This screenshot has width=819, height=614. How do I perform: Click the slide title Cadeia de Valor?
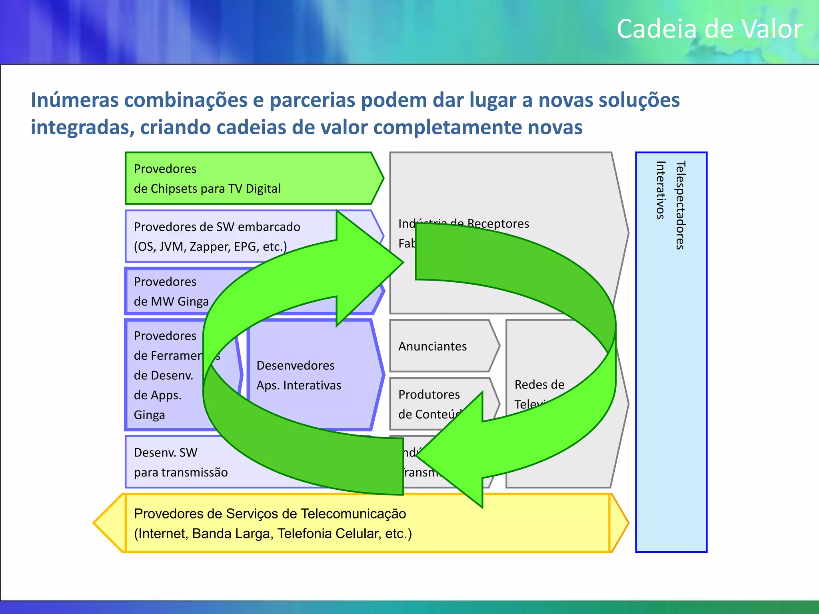[709, 29]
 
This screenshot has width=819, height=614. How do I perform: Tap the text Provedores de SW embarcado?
[217, 227]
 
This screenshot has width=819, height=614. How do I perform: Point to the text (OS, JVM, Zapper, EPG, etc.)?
[210, 247]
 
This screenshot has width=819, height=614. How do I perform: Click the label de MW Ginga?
[171, 301]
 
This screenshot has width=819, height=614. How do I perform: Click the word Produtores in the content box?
[429, 395]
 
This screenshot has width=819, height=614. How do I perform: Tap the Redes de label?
[539, 385]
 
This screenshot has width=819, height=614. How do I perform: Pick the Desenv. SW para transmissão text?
[181, 462]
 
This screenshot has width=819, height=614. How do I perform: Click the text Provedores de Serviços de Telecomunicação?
[270, 514]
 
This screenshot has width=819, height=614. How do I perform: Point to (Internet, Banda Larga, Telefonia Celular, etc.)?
[273, 534]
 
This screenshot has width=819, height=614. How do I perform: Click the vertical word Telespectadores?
[680, 205]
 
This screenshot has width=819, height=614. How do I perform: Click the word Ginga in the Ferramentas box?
[149, 415]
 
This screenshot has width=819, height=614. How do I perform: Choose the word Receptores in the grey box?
[498, 223]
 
